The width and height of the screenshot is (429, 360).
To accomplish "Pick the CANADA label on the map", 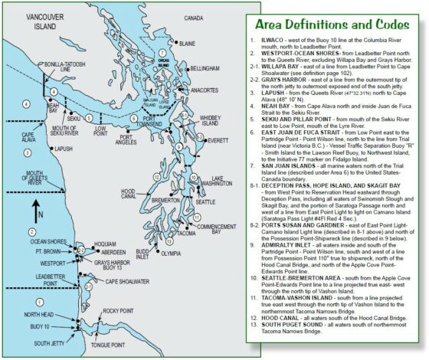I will click(193, 17).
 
